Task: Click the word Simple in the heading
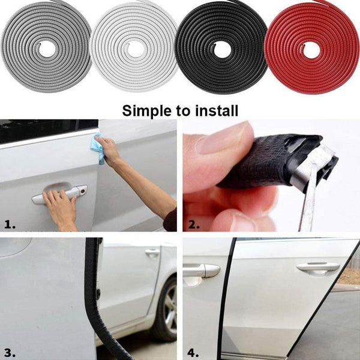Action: tap(146, 110)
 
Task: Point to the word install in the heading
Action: tap(217, 110)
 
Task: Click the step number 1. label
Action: tap(10, 224)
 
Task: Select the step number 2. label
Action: tap(193, 224)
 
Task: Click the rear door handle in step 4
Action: tap(317, 267)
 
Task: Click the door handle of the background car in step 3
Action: tap(152, 253)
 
